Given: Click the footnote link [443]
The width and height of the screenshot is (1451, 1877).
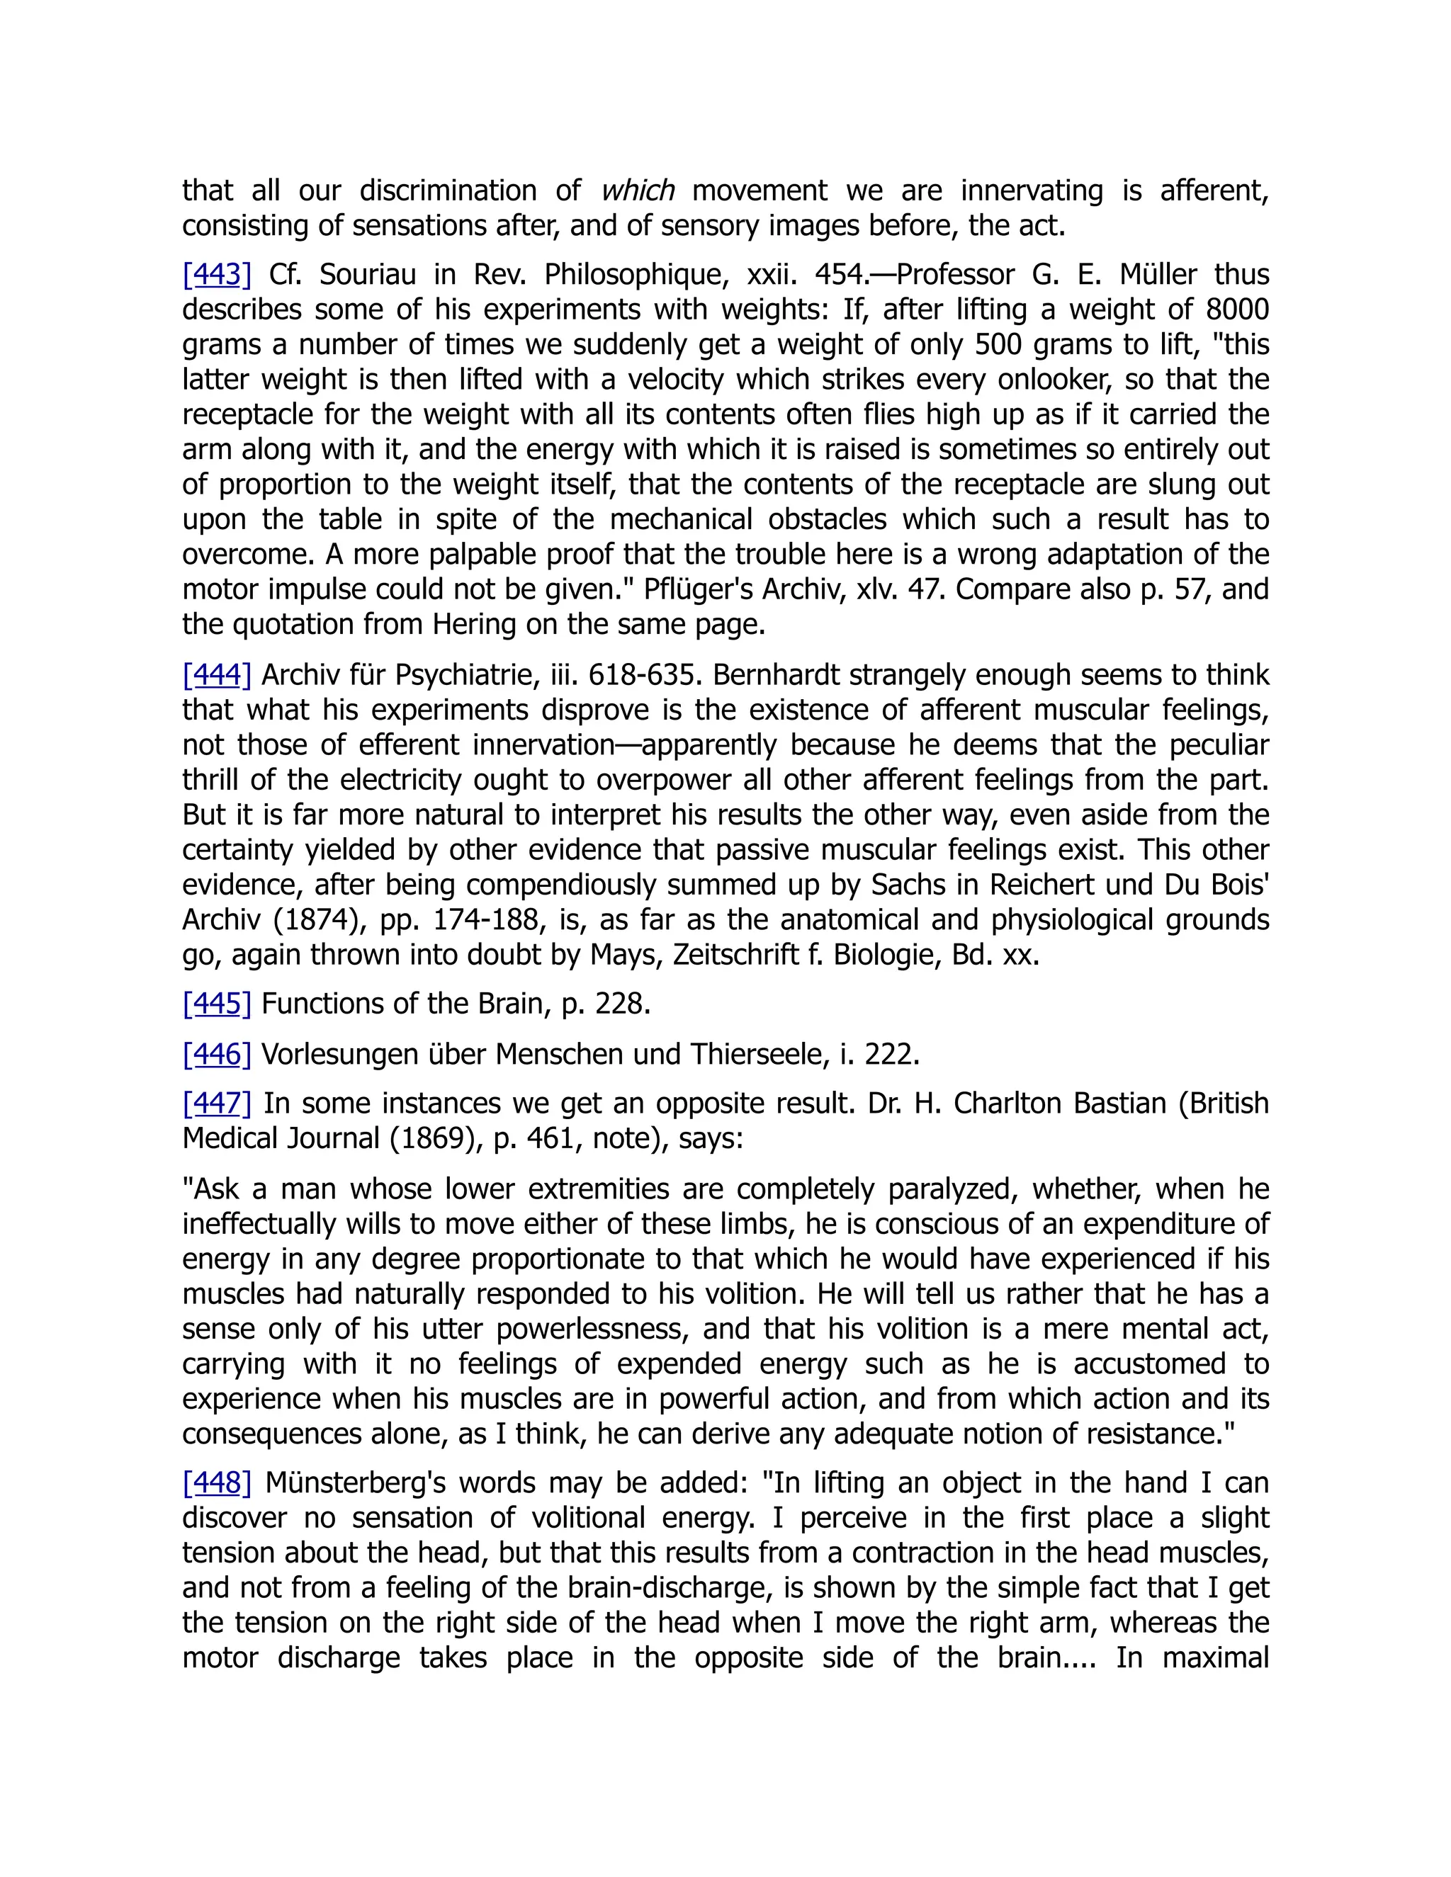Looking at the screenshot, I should click(217, 275).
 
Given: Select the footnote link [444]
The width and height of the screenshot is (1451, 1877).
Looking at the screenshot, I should click(217, 674).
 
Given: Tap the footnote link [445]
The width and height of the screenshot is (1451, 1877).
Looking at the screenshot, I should click(217, 1003).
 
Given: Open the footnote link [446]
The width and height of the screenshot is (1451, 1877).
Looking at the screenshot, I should click(217, 1054).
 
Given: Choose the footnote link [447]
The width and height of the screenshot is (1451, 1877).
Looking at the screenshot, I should click(217, 1104).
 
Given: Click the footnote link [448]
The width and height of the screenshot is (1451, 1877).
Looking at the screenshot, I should click(217, 1483).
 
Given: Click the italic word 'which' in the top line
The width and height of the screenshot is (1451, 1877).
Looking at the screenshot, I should click(637, 190).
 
